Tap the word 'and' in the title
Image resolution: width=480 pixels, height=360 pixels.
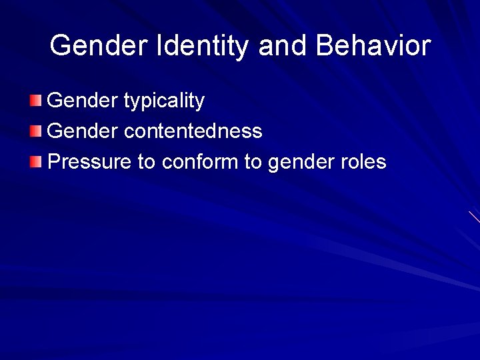(x=283, y=46)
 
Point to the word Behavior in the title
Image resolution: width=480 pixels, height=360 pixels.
(x=373, y=46)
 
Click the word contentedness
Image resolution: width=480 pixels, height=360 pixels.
(x=193, y=131)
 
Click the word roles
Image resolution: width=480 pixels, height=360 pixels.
(x=363, y=161)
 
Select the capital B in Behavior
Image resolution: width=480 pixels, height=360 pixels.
(x=325, y=46)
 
